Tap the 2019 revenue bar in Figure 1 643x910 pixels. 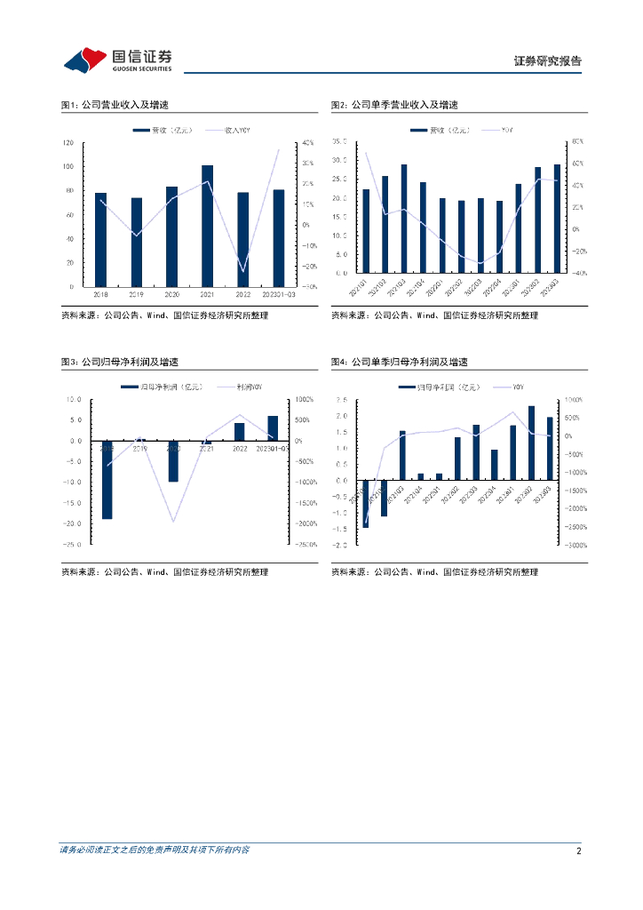point(136,242)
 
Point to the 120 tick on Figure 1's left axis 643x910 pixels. point(68,142)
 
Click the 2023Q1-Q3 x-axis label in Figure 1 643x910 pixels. point(279,293)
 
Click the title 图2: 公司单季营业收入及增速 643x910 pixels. point(394,105)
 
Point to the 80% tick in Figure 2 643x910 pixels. point(576,141)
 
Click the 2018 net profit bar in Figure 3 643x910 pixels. point(107,480)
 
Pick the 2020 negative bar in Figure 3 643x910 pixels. point(173,461)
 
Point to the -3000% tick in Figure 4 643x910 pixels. point(573,546)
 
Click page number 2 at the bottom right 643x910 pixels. point(578,850)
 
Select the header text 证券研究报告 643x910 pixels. point(548,61)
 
